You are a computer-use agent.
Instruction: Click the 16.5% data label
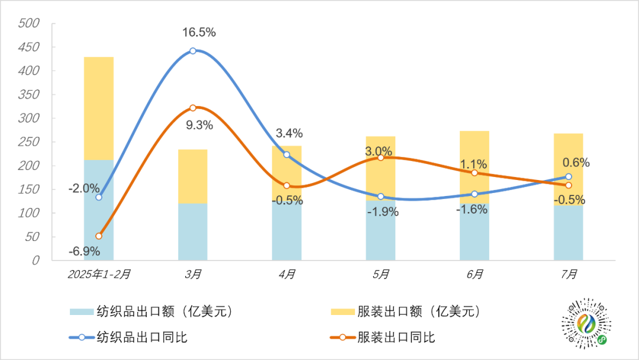tap(198, 33)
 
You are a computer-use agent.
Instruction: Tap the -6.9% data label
tap(83, 252)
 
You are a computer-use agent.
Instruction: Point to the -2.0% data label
tap(83, 189)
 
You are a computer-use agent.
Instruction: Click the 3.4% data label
tap(288, 133)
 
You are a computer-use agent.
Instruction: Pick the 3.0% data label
tap(379, 151)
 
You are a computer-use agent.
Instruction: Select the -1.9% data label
tap(383, 211)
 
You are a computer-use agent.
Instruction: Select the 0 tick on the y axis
tap(36, 261)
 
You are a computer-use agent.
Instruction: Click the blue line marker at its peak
tap(193, 51)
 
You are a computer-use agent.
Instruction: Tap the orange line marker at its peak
tap(193, 108)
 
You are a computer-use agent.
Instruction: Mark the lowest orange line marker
tap(99, 236)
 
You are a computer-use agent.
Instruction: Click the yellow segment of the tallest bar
tap(99, 108)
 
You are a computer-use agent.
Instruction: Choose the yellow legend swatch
tap(342, 311)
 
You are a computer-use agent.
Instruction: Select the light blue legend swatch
tap(82, 311)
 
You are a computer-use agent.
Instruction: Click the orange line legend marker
tap(342, 337)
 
